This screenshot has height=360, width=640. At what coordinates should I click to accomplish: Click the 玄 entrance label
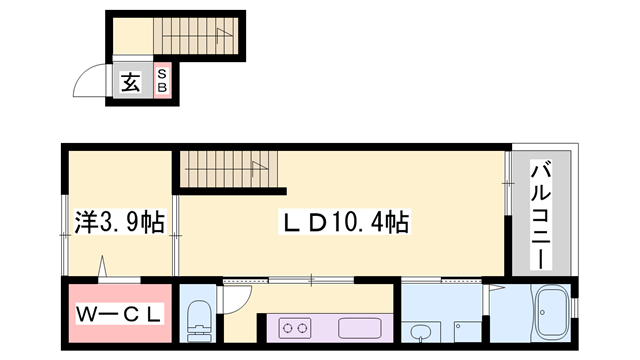tap(131, 81)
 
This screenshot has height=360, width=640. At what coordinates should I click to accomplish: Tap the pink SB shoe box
tap(163, 81)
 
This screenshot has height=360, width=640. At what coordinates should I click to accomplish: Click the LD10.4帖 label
tap(341, 221)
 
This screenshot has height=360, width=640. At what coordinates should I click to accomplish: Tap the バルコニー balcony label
tap(540, 215)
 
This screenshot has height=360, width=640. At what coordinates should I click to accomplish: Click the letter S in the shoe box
tap(163, 73)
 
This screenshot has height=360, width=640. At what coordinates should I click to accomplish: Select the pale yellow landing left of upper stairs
tap(129, 38)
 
